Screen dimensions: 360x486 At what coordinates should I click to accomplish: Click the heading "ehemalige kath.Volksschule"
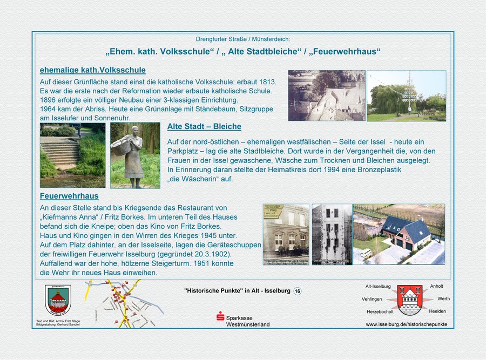[x=92, y=70]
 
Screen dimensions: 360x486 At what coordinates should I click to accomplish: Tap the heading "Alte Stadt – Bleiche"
[x=204, y=127]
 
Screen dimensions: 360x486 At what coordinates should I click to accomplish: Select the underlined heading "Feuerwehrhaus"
[x=69, y=196]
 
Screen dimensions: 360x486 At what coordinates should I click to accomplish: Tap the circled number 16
[x=298, y=291]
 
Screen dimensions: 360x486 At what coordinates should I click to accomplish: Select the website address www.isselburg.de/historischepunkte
[x=406, y=324]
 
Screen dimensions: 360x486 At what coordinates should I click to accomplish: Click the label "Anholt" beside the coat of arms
[x=436, y=286]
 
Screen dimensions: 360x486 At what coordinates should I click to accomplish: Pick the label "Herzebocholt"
[x=380, y=312]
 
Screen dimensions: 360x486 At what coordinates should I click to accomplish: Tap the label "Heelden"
[x=437, y=311]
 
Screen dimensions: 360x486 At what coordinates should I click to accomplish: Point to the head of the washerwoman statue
[x=134, y=131]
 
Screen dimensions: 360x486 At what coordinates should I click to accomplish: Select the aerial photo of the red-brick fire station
[x=399, y=234]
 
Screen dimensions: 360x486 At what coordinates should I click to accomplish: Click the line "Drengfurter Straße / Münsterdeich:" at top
[x=242, y=39]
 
